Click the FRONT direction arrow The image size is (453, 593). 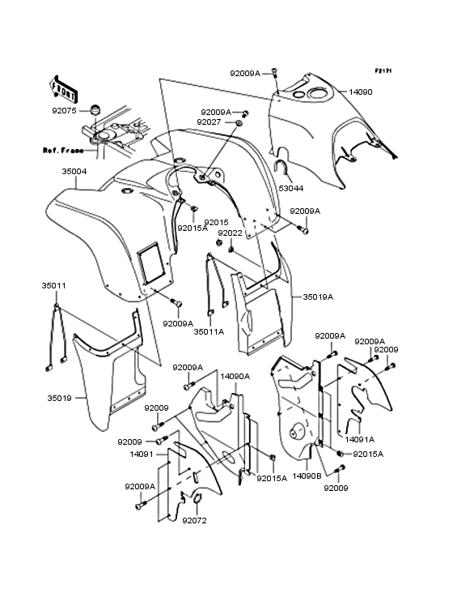63,89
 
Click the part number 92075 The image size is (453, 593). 64,111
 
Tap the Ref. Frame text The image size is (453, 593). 63,151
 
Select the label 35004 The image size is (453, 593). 74,171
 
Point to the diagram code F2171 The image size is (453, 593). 383,70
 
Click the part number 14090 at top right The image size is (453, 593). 360,92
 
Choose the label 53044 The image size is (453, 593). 291,188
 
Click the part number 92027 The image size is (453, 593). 210,122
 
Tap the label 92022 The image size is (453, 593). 230,233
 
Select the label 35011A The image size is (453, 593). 209,331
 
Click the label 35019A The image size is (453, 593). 318,296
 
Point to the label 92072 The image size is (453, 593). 194,520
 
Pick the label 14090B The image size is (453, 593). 307,476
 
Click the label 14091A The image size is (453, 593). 359,439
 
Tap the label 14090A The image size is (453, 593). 235,377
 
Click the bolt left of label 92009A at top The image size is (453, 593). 274,72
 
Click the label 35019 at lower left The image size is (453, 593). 60,399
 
